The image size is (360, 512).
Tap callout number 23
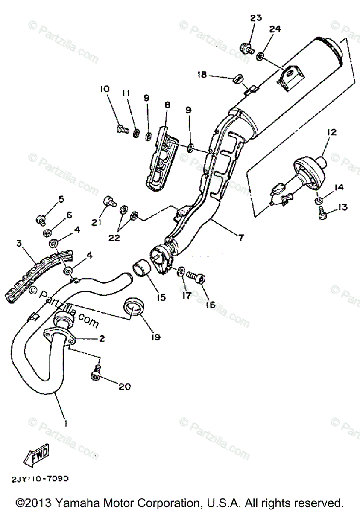256,18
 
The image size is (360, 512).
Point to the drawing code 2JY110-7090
40,479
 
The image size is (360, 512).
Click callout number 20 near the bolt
124,387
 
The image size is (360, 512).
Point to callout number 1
65,423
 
